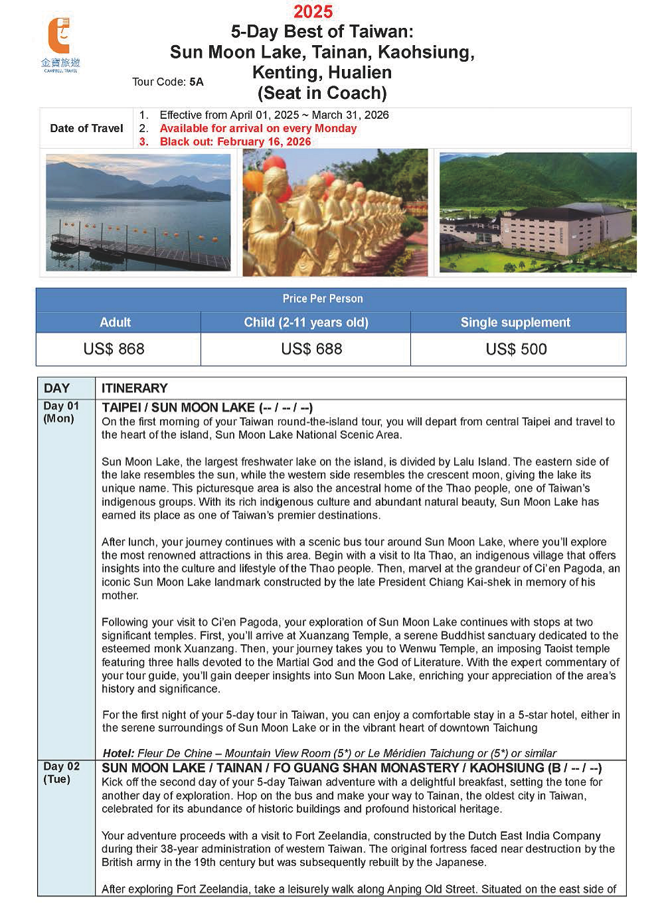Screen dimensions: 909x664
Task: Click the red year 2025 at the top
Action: [313, 11]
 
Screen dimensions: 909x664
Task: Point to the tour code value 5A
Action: [196, 82]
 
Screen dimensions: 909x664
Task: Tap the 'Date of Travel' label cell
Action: [86, 128]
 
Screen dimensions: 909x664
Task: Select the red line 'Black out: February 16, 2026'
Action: [235, 142]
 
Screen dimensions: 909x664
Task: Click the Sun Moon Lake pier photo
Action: [138, 212]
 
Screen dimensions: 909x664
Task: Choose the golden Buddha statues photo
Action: [335, 212]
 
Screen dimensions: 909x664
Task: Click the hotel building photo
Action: [538, 212]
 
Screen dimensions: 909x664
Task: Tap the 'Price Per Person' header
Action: [323, 299]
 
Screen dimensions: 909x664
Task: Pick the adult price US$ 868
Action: [114, 349]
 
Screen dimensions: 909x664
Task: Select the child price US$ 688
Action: [311, 349]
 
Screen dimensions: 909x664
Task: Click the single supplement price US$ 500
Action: [516, 349]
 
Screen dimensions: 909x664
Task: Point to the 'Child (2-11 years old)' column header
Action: [306, 323]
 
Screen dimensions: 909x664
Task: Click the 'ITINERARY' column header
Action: [135, 388]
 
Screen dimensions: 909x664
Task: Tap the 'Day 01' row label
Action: [61, 406]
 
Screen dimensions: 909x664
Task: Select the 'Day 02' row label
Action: [61, 767]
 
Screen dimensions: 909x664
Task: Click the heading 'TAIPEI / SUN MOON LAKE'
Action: [178, 408]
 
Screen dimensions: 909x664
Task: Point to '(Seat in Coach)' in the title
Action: [322, 93]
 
